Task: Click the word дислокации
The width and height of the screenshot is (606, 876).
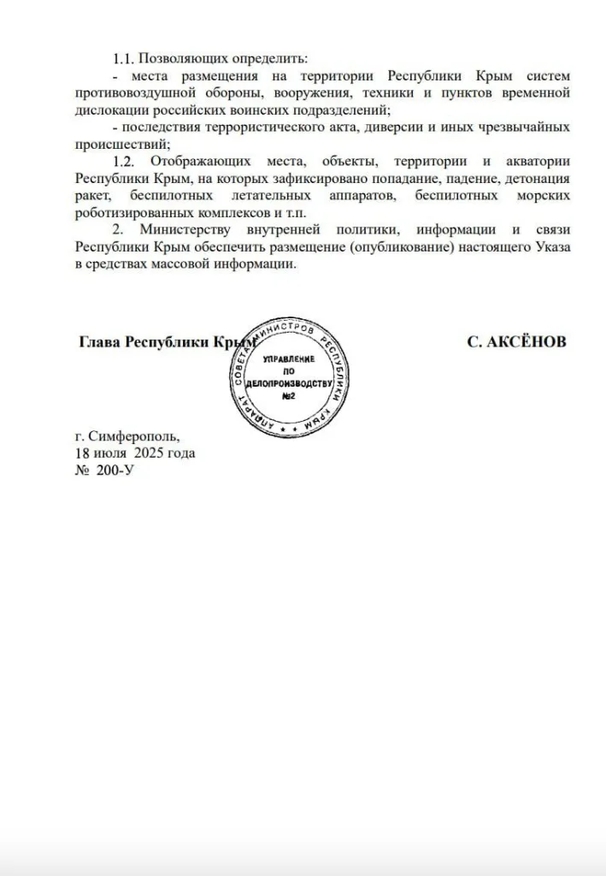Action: pyautogui.click(x=112, y=109)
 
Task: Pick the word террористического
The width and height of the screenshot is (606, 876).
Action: pyautogui.click(x=288, y=127)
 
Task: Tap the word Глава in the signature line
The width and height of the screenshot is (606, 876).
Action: pyautogui.click(x=99, y=341)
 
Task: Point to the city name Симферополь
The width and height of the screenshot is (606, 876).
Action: pyautogui.click(x=135, y=435)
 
